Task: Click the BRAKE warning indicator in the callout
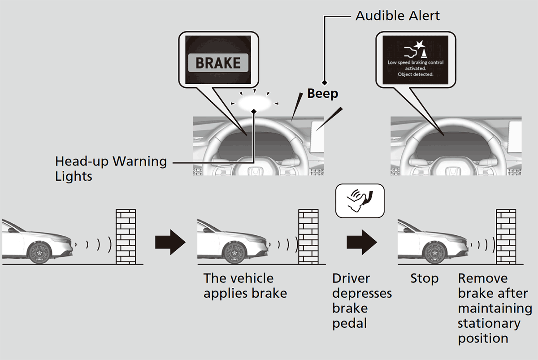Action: (x=218, y=63)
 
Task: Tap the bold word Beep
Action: (x=322, y=94)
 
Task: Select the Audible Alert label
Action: (x=398, y=16)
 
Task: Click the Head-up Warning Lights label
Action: (x=111, y=169)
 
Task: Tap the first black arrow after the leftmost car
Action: (x=170, y=243)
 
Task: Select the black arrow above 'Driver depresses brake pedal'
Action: (x=361, y=243)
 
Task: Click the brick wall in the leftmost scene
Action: (x=126, y=237)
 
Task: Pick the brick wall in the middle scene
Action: (x=309, y=237)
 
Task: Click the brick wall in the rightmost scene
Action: (x=506, y=237)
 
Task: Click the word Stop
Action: (x=424, y=279)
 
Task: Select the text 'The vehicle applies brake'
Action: (x=245, y=286)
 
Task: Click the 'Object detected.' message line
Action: (x=416, y=74)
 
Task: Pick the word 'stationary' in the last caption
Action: (x=489, y=323)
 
